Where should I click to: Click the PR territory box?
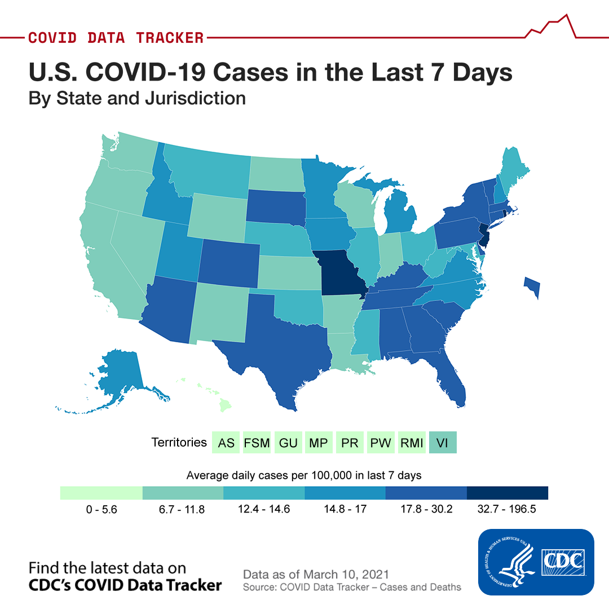(350, 443)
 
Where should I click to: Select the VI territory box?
(443, 443)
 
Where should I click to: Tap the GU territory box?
(288, 443)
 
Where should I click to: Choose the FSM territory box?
(257, 443)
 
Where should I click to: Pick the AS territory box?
(226, 443)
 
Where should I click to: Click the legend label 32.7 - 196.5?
(506, 509)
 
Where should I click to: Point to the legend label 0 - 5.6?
(101, 509)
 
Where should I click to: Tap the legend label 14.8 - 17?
(345, 509)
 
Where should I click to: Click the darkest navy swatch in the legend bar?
(507, 493)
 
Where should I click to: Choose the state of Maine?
(513, 167)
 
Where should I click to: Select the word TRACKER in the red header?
(170, 38)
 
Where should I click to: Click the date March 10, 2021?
(346, 574)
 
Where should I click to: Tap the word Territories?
(179, 442)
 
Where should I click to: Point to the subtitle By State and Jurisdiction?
(137, 98)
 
